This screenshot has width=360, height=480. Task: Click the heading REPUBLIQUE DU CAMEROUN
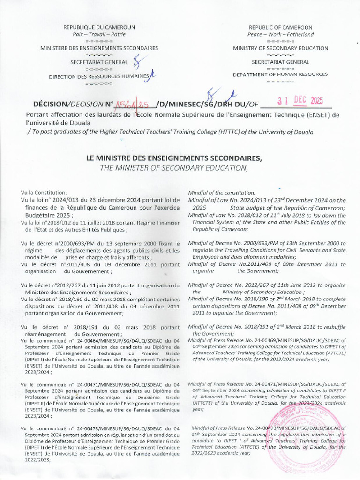coord(99,27)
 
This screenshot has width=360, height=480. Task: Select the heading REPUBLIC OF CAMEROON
coord(281,27)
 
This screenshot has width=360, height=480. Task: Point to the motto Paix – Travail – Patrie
coord(99,34)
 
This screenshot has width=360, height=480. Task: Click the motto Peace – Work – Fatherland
coord(281,34)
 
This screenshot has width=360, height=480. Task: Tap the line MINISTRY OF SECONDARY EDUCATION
coord(281,48)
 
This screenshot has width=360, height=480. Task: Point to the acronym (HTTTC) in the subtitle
coord(231,132)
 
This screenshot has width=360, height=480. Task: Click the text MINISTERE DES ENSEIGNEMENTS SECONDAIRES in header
coord(99,48)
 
